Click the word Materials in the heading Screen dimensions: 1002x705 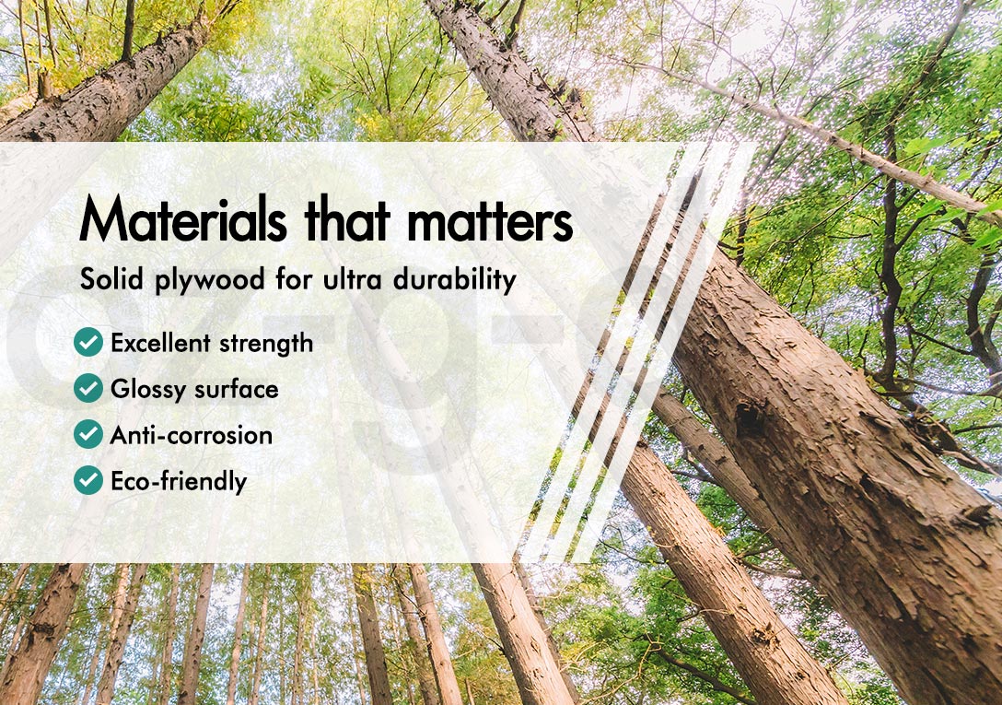(x=183, y=217)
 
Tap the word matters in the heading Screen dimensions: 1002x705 (x=490, y=221)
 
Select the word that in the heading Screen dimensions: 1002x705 (x=347, y=218)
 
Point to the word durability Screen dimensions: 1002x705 (x=454, y=280)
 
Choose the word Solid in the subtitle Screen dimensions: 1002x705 (x=111, y=279)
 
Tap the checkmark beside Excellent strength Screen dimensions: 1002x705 (x=88, y=342)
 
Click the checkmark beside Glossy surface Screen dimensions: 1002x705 (x=88, y=388)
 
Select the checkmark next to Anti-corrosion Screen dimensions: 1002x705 (x=88, y=434)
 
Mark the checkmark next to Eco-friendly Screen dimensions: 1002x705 (x=88, y=480)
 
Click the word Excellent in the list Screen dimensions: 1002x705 (x=160, y=343)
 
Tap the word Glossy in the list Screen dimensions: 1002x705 (x=148, y=390)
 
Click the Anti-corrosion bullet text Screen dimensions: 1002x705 (x=192, y=435)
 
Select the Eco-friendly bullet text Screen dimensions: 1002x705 (x=179, y=482)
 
